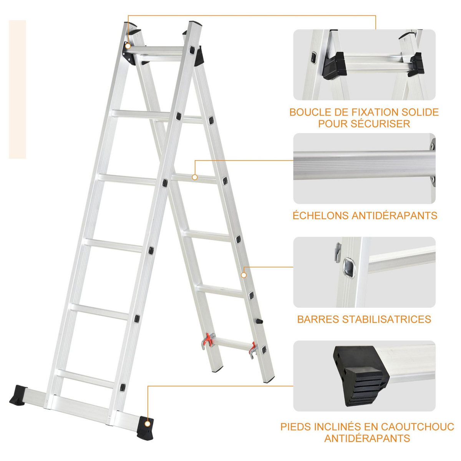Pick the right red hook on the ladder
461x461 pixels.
tap(253, 348)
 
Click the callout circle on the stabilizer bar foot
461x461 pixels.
tap(148, 423)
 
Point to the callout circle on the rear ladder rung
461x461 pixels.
tap(195, 177)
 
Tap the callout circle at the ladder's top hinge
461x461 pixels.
tap(128, 46)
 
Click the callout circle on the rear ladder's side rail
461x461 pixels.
tap(244, 275)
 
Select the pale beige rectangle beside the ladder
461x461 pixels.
tap(17, 89)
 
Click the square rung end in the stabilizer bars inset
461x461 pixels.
tap(348, 266)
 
